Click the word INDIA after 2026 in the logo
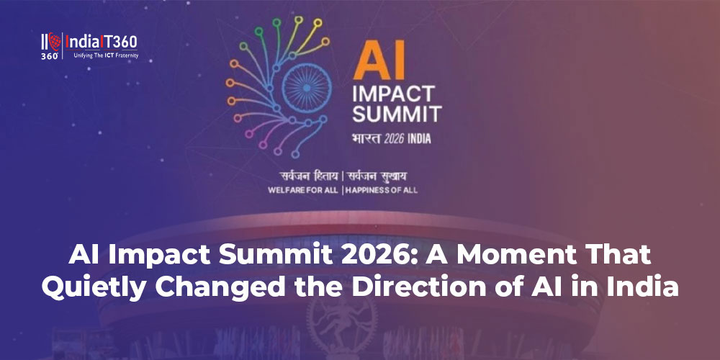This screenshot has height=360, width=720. click(x=419, y=138)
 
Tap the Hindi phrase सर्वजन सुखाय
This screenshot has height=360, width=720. click(x=381, y=176)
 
